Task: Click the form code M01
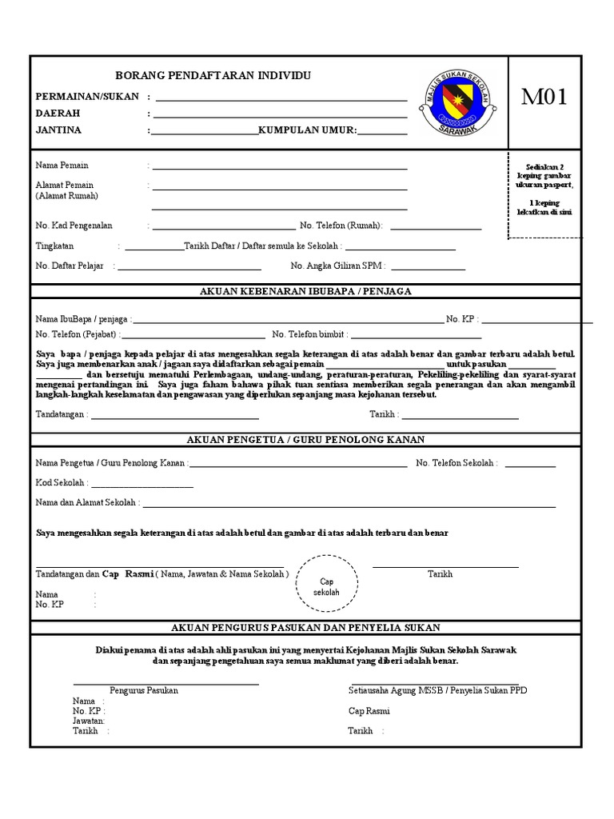[x=544, y=98]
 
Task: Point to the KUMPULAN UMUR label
[x=307, y=130]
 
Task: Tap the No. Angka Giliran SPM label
[x=338, y=266]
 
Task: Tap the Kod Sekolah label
[x=62, y=483]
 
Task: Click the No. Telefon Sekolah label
[x=457, y=463]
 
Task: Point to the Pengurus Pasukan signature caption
[x=144, y=690]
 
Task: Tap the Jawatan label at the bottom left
[x=89, y=721]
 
